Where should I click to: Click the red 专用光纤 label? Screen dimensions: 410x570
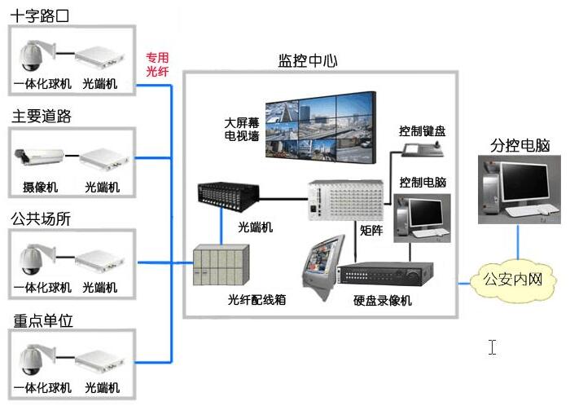tap(157, 64)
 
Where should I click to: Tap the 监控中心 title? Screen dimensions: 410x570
tap(308, 61)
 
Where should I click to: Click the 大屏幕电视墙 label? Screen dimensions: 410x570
tap(242, 130)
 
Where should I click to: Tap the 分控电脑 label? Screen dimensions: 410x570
tap(520, 146)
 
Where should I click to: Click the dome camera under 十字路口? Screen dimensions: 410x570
tap(34, 56)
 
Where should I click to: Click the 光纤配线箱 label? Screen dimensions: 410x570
tap(256, 300)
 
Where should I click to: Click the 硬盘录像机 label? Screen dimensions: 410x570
tap(383, 301)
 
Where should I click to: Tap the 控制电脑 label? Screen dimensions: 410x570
tap(423, 182)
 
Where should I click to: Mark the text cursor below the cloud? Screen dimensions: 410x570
tap(493, 346)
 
